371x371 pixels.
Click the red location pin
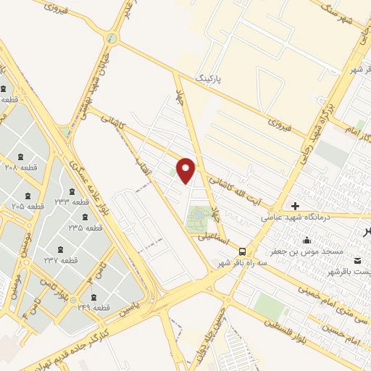[187, 170]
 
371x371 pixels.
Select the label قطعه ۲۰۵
[28, 206]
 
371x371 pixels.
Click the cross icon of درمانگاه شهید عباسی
[295, 206]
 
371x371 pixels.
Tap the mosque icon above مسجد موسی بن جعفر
[308, 241]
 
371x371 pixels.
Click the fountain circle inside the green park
[199, 215]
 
